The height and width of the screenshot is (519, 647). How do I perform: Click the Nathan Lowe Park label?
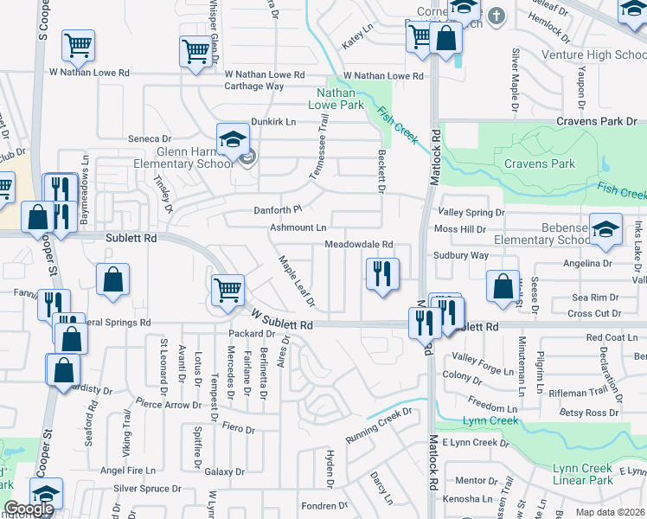click(340, 99)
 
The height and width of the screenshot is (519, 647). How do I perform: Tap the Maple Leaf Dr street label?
click(296, 281)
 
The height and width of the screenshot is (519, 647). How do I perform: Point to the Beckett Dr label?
click(380, 170)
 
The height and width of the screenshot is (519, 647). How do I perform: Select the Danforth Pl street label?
click(277, 209)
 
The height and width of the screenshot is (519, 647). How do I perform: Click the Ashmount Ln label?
click(298, 227)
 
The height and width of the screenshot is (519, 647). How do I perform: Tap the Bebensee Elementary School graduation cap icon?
click(605, 228)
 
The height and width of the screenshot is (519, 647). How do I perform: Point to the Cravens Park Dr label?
click(596, 121)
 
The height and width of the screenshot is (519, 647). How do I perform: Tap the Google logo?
click(29, 509)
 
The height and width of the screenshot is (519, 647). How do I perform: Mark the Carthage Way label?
click(254, 86)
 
